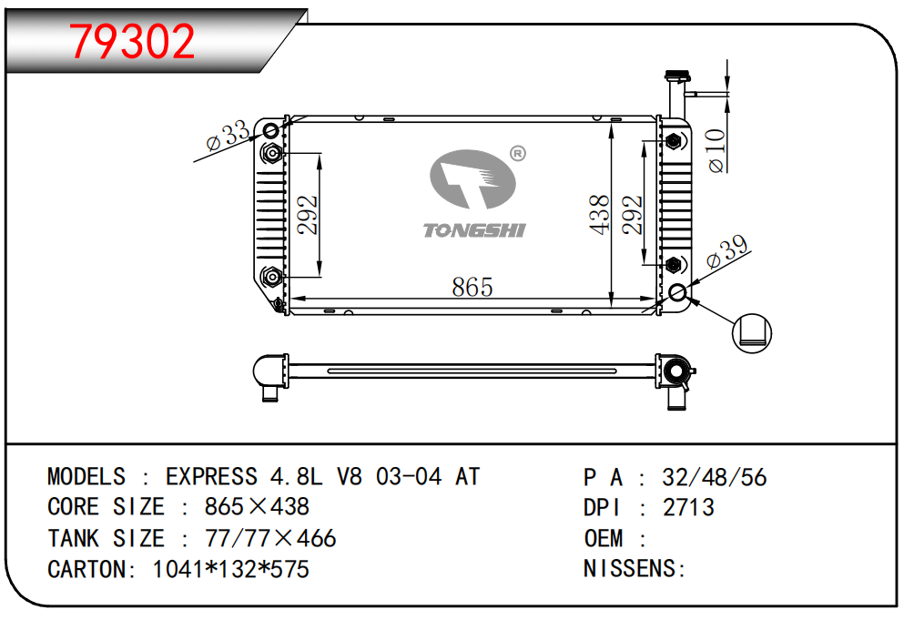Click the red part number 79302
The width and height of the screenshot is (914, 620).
point(132,41)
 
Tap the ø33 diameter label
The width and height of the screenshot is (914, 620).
point(228,136)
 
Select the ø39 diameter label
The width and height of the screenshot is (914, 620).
point(726,251)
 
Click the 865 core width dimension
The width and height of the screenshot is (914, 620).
point(472,287)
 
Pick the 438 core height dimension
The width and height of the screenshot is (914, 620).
point(599,215)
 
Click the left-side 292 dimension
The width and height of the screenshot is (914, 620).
point(307,215)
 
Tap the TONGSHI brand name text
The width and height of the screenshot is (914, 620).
point(474,230)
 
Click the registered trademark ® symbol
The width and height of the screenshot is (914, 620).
point(518,153)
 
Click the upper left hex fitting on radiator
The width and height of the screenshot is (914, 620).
point(271,153)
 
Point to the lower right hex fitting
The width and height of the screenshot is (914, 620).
point(674,265)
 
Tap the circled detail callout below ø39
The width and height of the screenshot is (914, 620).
point(751,333)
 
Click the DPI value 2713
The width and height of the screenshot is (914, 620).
point(688,507)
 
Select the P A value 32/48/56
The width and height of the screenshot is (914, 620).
point(714,477)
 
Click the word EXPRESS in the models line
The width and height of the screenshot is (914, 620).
point(211,477)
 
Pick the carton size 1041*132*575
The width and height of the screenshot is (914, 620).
point(231,569)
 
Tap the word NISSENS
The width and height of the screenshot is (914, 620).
point(631,568)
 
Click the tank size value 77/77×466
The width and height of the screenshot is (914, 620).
point(270,538)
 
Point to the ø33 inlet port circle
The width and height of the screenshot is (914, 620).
point(271,130)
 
